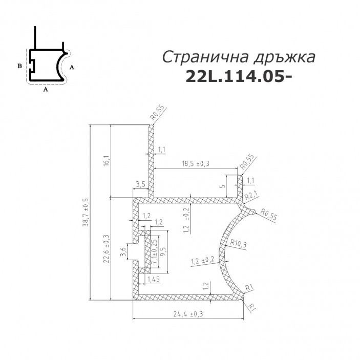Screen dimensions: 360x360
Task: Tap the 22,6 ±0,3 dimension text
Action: point(106,249)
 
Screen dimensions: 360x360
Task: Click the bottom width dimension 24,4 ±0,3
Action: point(186,314)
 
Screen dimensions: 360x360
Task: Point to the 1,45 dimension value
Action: point(153,279)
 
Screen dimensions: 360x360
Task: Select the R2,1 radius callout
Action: point(250,196)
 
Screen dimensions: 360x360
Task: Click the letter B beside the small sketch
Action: point(19,66)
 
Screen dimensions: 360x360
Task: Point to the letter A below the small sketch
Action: point(46,89)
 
